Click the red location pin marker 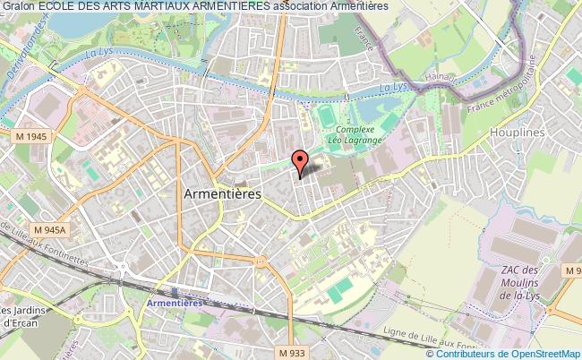(301, 161)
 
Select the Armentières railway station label (175, 304)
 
